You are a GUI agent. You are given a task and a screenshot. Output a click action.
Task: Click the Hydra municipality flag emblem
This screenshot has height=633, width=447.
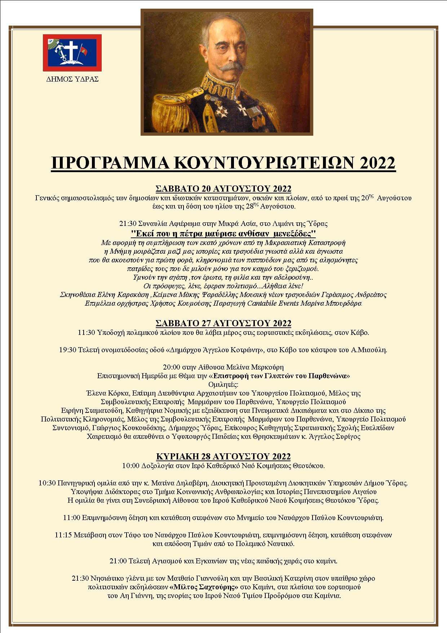point(72,53)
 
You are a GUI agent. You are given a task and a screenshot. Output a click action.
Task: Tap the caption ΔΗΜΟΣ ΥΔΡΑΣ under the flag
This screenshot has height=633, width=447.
point(72,79)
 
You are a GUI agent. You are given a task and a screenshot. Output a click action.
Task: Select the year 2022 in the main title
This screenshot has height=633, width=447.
point(377,163)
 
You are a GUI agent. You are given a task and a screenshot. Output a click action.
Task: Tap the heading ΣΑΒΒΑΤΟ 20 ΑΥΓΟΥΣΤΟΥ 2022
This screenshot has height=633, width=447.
point(223,189)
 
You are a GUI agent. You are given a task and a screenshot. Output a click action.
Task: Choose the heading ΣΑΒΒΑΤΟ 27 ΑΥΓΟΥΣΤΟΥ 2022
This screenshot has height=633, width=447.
point(223,323)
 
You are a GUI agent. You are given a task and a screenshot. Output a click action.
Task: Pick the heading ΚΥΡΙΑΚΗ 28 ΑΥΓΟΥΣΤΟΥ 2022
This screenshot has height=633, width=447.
point(223,457)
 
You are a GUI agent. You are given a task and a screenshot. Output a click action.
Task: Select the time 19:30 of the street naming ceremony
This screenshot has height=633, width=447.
point(67,350)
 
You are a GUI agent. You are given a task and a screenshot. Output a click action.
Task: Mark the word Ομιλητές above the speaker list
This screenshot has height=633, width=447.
point(223,384)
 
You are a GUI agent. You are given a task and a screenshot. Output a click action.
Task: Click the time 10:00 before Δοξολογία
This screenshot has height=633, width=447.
point(130,466)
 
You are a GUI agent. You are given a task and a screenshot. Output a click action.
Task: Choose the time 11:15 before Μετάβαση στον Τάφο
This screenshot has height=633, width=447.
point(63,535)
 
